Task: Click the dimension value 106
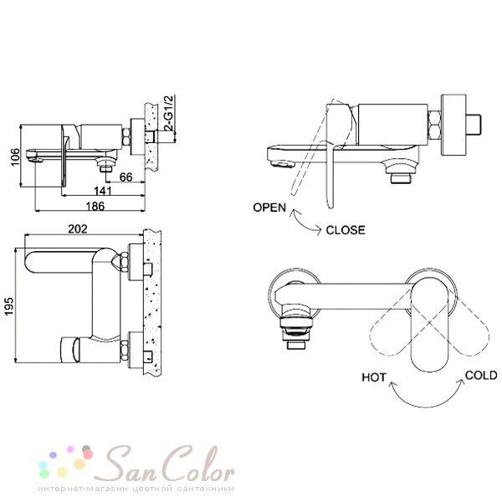15,157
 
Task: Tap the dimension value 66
125,177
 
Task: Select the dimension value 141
103,191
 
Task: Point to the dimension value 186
95,206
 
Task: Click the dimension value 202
78,229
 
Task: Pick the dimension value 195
9,306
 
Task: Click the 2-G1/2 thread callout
168,113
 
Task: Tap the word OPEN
269,207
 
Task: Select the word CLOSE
346,230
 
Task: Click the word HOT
374,377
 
